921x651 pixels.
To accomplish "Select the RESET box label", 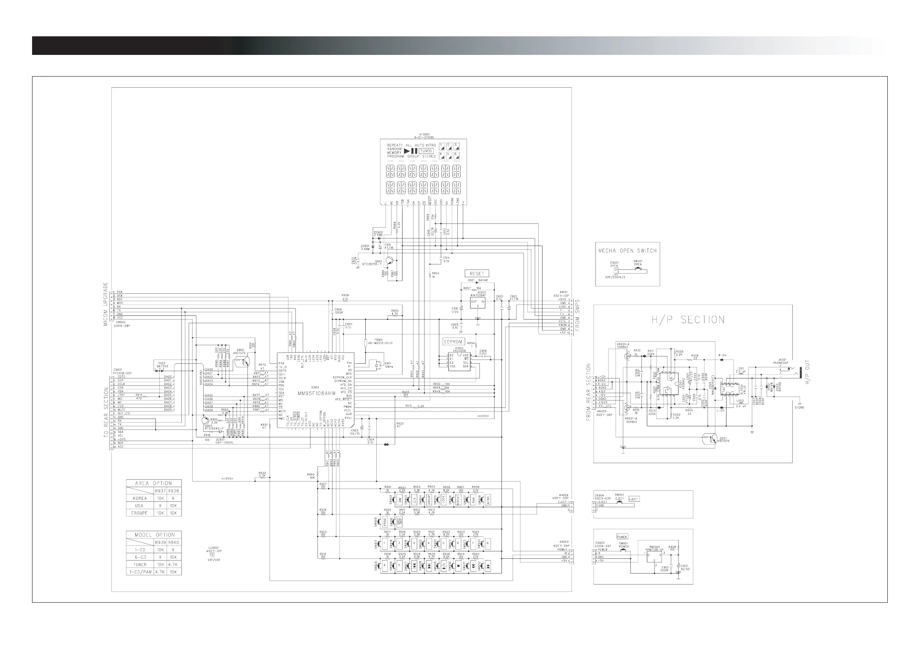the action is point(476,274).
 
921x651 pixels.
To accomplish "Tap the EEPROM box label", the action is point(453,342).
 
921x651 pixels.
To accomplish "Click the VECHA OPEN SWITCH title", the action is point(628,251).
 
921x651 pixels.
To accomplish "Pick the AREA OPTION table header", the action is point(153,483).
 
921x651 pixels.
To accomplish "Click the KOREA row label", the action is point(140,498).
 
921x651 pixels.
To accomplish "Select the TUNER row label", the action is point(140,564).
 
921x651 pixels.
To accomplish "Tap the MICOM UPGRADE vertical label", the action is point(106,303).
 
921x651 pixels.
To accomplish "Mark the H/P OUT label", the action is point(807,372).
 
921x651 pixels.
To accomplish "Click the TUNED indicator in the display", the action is point(426,151).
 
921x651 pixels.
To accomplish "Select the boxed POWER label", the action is point(622,537).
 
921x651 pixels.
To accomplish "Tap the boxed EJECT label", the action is point(634,499).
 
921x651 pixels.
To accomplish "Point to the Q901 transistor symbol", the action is point(389,261).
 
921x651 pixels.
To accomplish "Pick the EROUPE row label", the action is point(140,513).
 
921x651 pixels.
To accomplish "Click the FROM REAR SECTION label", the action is point(588,392).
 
